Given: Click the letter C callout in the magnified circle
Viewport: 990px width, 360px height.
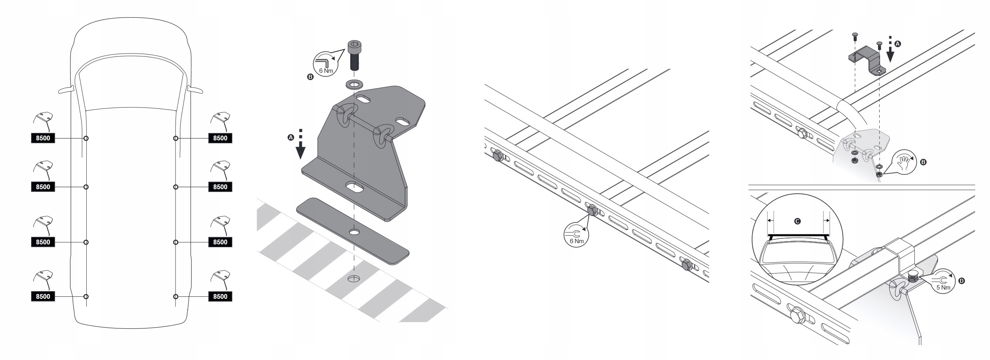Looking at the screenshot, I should coord(797,221).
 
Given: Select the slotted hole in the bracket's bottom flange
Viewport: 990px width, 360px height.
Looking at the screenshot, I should coord(354,187).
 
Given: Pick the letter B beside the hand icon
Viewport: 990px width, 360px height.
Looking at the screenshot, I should coord(923,162).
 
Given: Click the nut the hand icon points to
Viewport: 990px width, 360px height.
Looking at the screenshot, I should coord(879,175).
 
